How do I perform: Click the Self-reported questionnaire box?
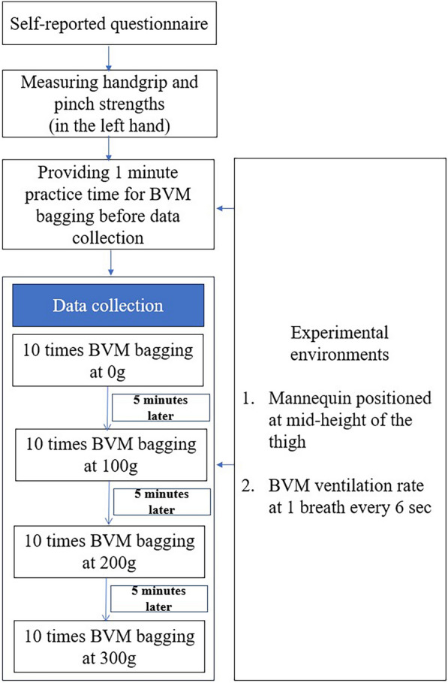click(x=111, y=28)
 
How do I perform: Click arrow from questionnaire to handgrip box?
click(x=111, y=61)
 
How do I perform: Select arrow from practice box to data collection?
click(x=111, y=262)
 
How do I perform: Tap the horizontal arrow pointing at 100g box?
click(x=224, y=464)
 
